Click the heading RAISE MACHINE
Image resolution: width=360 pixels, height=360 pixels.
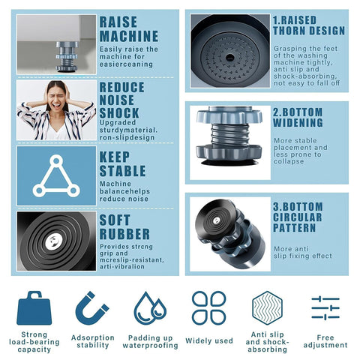click(129, 28)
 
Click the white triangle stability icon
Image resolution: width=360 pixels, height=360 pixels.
click(56, 176)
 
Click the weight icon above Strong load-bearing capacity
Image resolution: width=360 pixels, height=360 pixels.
click(33, 307)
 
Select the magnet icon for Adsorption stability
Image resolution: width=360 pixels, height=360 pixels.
click(91, 307)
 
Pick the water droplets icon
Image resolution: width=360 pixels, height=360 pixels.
click(150, 307)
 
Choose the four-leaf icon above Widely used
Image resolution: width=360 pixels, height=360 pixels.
click(208, 307)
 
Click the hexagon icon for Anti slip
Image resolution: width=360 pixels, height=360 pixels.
click(267, 307)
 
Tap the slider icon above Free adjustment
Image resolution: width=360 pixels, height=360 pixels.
click(325, 307)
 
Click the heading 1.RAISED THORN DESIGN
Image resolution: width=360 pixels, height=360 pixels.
click(308, 25)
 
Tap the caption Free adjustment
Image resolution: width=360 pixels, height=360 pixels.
click(325, 341)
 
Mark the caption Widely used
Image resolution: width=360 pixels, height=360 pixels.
click(208, 340)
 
